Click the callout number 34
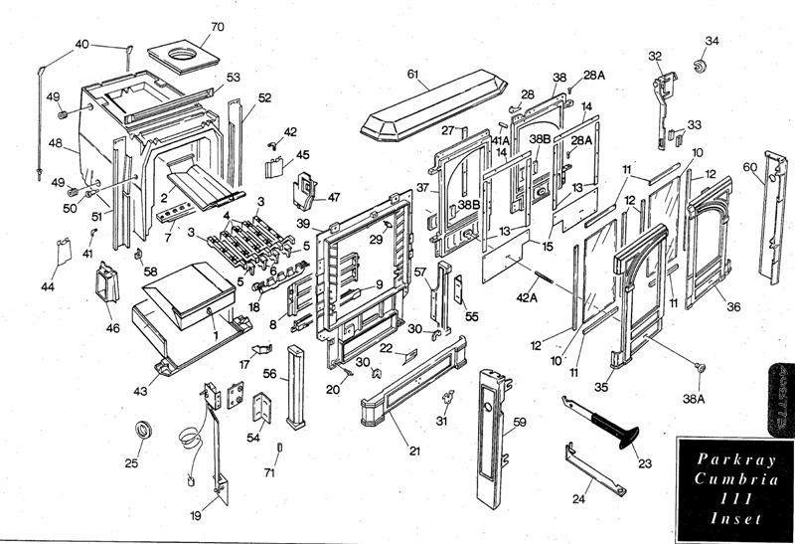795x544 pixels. pyautogui.click(x=712, y=41)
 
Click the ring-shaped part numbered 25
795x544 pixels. pyautogui.click(x=145, y=431)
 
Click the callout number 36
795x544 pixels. pyautogui.click(x=733, y=307)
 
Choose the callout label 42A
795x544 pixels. pyautogui.click(x=526, y=295)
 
